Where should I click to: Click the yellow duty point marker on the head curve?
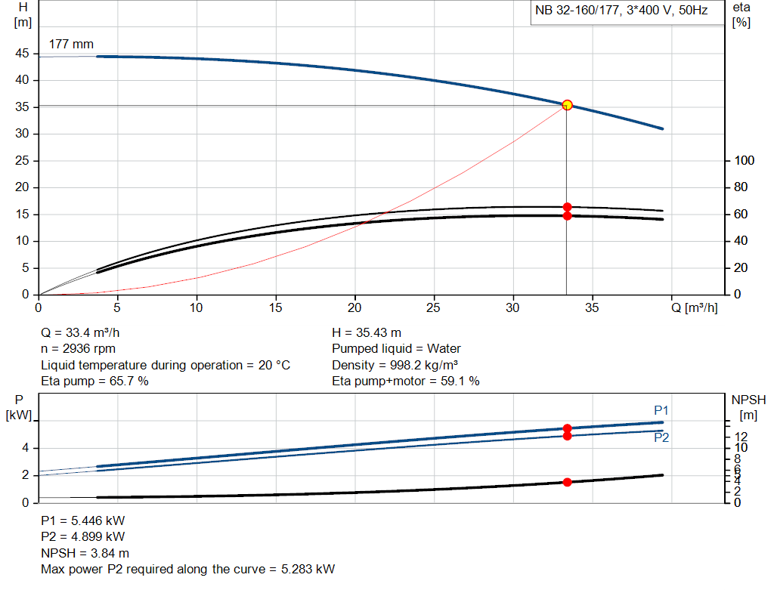pos(567,105)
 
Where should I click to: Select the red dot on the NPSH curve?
pos(567,482)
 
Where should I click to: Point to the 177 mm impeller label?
pos(71,45)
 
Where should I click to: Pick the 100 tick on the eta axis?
pos(745,161)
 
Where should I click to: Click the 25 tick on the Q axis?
pos(434,308)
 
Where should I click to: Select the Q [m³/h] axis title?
pos(694,308)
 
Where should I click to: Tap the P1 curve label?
pos(661,410)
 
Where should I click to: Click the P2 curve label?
pos(661,437)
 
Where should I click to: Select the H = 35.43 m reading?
pos(367,332)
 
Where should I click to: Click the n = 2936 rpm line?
pos(79,348)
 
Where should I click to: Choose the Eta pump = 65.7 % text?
pos(94,381)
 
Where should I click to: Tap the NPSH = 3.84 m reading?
pos(85,553)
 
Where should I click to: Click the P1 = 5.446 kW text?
pos(83,520)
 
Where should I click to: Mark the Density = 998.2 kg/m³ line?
pos(395,365)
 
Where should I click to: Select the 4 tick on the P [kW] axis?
pos(25,448)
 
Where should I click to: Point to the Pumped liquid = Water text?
pos(396,348)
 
